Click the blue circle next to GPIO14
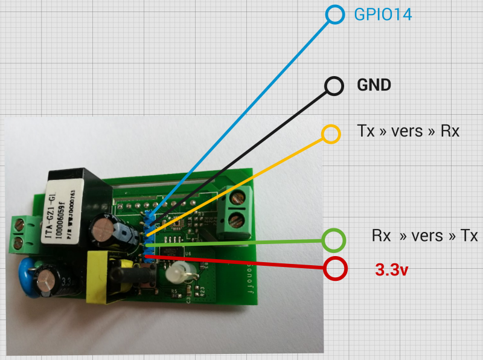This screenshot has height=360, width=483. tap(334, 14)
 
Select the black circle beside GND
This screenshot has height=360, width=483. tap(334, 86)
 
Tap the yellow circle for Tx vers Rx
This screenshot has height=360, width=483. tap(330, 133)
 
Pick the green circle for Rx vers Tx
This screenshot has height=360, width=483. tap(333, 240)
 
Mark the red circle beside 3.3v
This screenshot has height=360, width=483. tap(335, 268)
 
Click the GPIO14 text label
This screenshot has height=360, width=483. tap(382, 15)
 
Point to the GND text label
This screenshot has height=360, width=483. tap(374, 85)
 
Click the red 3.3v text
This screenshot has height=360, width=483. tap(392, 270)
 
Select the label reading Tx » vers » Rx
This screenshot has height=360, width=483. tap(408, 131)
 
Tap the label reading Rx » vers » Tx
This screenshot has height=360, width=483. tap(424, 236)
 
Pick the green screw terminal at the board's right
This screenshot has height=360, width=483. tap(237, 208)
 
